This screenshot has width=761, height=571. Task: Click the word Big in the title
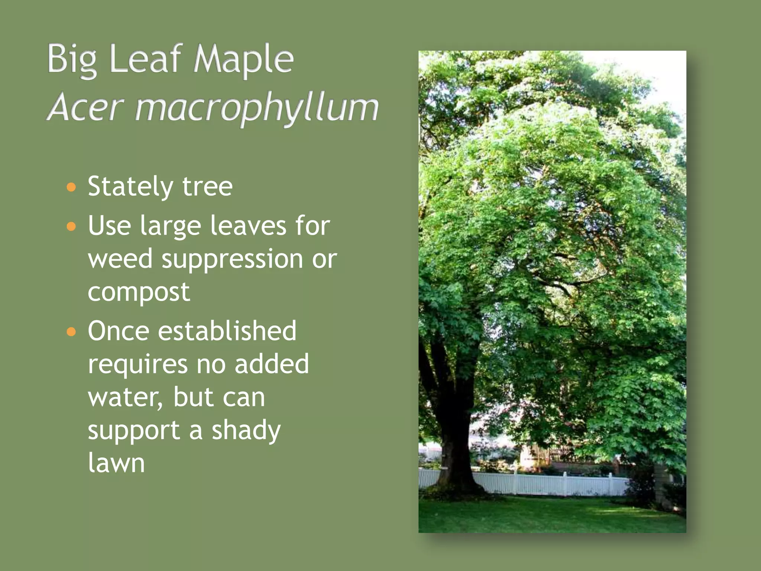pyautogui.click(x=72, y=59)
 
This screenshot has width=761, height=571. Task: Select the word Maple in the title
pyautogui.click(x=243, y=59)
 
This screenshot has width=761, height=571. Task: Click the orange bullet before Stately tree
pyautogui.click(x=71, y=187)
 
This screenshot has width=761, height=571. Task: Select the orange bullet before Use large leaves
pyautogui.click(x=71, y=226)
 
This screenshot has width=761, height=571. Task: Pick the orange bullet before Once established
pyautogui.click(x=71, y=331)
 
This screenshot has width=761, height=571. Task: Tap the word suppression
pyautogui.click(x=232, y=259)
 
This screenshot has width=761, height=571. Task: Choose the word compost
pyautogui.click(x=139, y=292)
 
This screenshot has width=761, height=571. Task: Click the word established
pyautogui.click(x=227, y=330)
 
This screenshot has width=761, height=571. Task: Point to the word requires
pyautogui.click(x=137, y=364)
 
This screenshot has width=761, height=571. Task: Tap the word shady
pyautogui.click(x=246, y=430)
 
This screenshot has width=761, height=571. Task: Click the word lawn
pyautogui.click(x=116, y=463)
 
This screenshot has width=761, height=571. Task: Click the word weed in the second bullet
pyautogui.click(x=120, y=259)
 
